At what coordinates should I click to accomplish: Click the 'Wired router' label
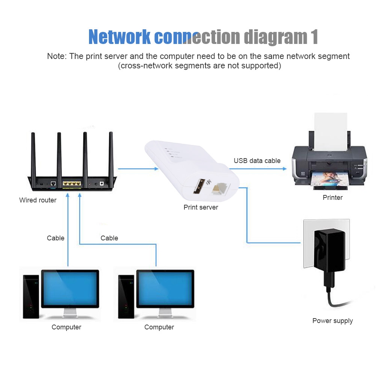point(38,200)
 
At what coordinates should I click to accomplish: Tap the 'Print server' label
point(201,207)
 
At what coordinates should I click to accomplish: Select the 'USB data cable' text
point(257,161)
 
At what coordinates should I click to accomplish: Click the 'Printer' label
point(332,197)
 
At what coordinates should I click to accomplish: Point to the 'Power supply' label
point(332,321)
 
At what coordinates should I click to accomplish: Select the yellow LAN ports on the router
point(71,184)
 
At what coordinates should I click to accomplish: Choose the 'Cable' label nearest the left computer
point(56,238)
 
